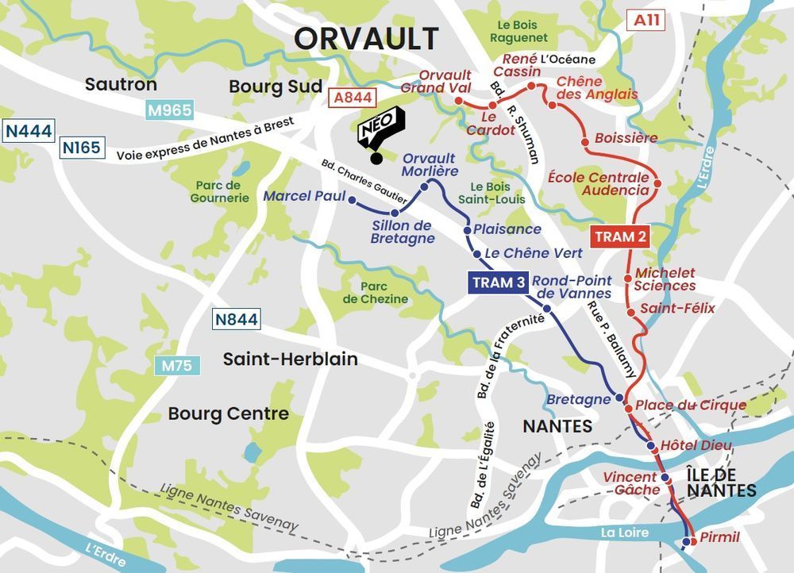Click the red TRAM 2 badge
click(620, 237)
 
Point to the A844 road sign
click(350, 98)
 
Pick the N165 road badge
click(81, 147)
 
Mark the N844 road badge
click(236, 320)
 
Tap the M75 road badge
click(176, 366)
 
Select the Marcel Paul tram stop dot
click(353, 200)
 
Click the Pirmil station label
click(719, 537)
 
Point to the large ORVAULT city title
click(366, 38)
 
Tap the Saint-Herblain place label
click(290, 360)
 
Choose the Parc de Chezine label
click(375, 293)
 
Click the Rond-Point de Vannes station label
click(572, 286)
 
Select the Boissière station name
click(626, 138)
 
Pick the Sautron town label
click(121, 84)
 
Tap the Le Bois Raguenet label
click(518, 31)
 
